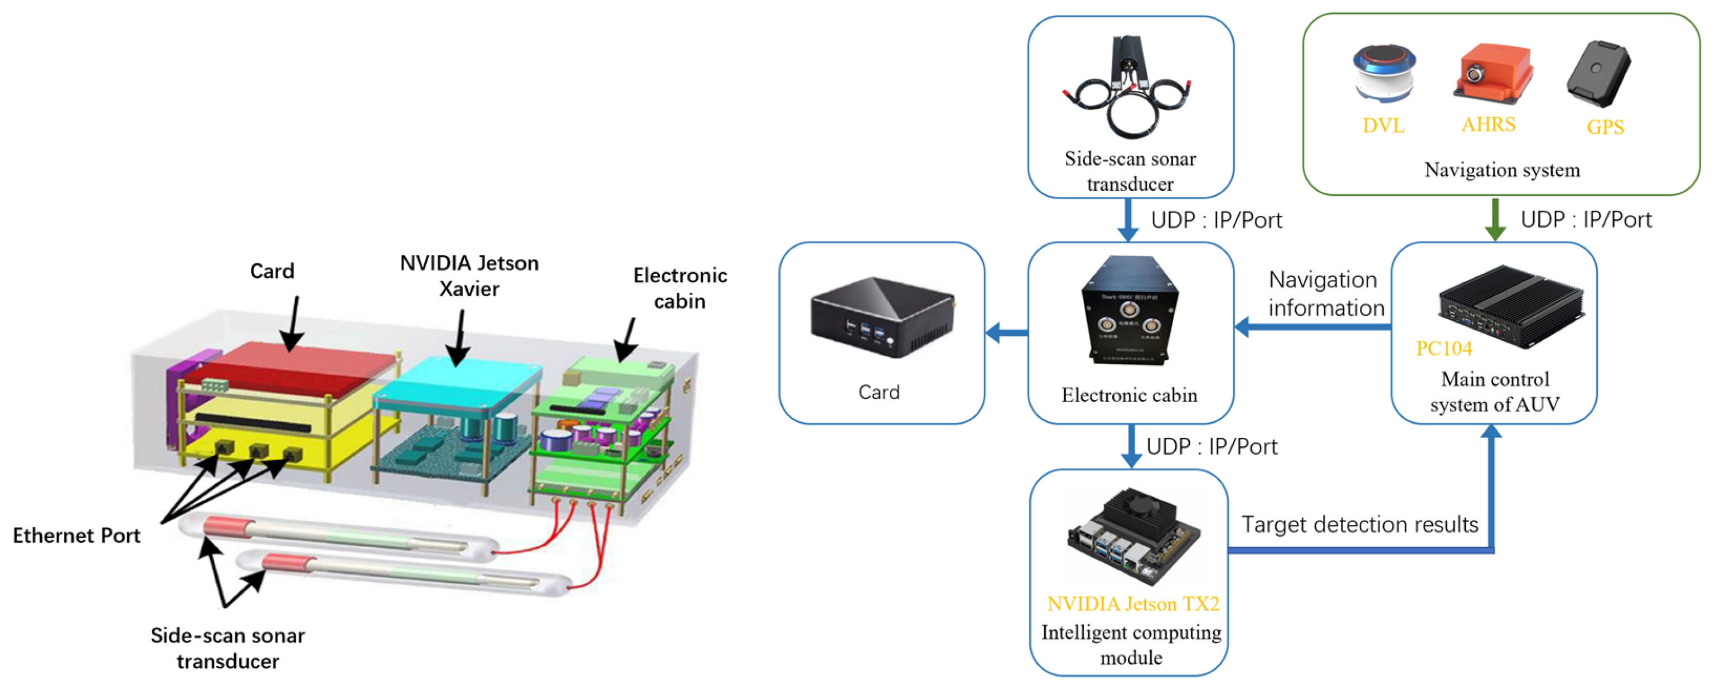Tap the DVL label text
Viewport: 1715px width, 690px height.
[x=1383, y=125]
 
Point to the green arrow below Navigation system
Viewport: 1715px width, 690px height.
[x=1495, y=219]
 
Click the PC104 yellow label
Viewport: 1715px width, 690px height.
[x=1443, y=348]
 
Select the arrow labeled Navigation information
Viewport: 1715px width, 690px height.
[x=1311, y=327]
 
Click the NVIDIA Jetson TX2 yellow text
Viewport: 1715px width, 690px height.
[x=1132, y=604]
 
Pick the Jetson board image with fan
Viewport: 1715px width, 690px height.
[x=1132, y=536]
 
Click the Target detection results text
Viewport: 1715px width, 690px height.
[x=1359, y=525]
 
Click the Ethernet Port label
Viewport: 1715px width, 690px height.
[x=76, y=535]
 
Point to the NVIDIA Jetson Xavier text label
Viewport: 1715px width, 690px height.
[x=469, y=276]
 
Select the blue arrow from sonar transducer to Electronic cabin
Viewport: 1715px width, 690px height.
[x=1127, y=219]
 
